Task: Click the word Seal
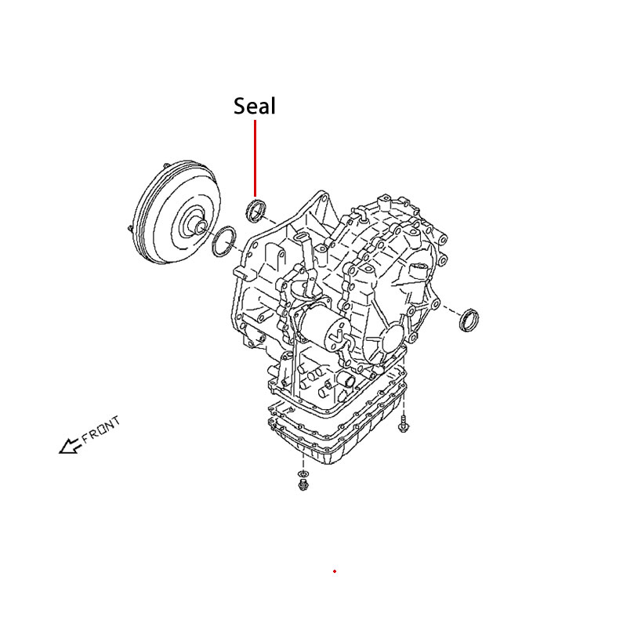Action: pos(254,107)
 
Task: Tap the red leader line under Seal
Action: pos(256,158)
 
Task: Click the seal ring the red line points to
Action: pos(256,210)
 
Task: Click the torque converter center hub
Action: pos(199,226)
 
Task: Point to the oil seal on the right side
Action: pos(469,320)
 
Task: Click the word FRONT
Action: pos(101,429)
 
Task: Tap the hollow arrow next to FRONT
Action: pos(70,446)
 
